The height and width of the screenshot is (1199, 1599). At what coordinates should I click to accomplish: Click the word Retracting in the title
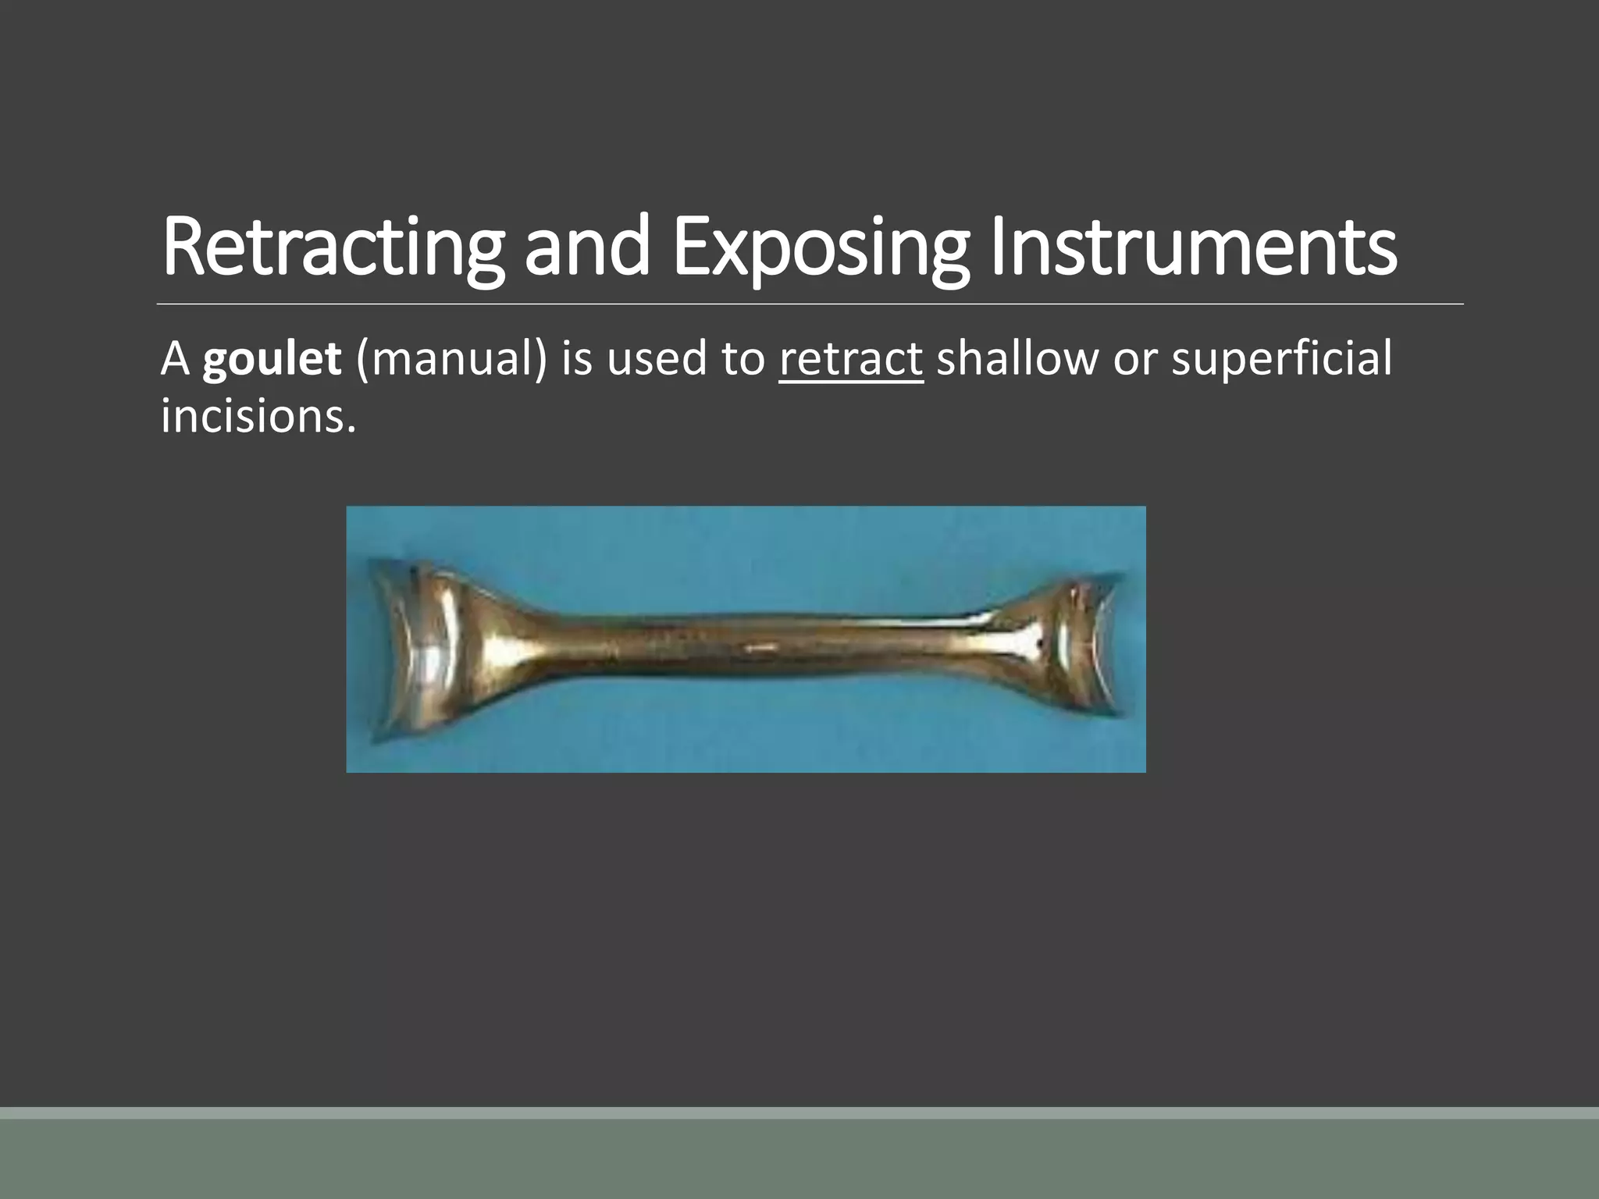click(x=332, y=248)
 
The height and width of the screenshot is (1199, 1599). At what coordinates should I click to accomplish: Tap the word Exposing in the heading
click(x=820, y=248)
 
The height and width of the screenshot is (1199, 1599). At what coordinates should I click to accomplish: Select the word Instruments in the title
click(x=1193, y=248)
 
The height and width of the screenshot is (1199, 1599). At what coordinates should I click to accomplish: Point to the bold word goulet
click(x=272, y=359)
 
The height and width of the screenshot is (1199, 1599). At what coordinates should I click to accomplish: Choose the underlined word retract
click(x=851, y=359)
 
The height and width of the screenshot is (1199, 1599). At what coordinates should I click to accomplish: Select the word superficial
click(x=1282, y=359)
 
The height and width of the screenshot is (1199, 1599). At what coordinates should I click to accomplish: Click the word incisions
click(x=258, y=415)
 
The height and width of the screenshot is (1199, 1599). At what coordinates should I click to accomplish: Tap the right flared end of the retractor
click(x=1081, y=640)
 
